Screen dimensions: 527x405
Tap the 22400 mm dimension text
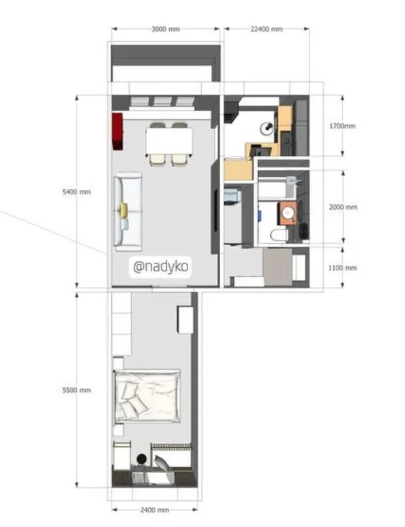tap(267, 29)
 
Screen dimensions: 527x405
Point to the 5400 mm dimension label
tap(76, 192)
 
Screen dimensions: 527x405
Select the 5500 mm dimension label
tap(76, 390)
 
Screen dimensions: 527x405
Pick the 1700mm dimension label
tap(342, 126)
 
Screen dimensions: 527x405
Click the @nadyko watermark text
tap(161, 267)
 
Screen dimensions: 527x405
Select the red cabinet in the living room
tap(118, 130)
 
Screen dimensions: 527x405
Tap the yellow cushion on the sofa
tap(123, 209)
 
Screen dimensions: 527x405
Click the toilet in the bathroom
tap(278, 234)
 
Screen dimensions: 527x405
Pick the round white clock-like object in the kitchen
tap(267, 128)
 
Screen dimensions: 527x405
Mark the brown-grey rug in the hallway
tap(276, 267)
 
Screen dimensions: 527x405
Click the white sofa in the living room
tap(128, 212)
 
